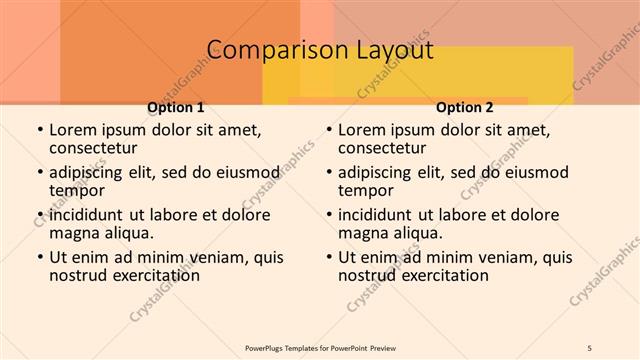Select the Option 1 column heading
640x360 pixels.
coord(176,107)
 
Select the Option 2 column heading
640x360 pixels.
coord(465,107)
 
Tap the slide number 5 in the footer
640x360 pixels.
coord(591,347)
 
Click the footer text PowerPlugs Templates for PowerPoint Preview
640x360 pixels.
coord(320,347)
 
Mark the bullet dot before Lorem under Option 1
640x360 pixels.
coord(39,130)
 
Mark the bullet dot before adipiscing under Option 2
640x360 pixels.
coord(328,172)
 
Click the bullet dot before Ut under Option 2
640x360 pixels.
coord(328,257)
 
